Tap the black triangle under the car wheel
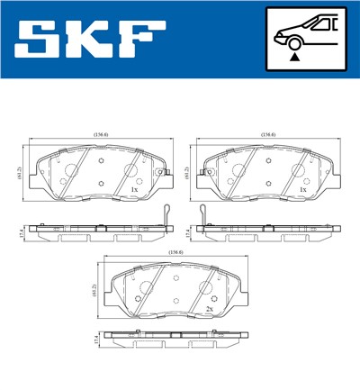[294, 57]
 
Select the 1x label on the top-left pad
[134, 190]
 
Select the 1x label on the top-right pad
[302, 190]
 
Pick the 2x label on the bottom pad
[209, 309]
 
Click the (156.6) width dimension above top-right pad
[267, 135]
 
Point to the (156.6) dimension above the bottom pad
[175, 253]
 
